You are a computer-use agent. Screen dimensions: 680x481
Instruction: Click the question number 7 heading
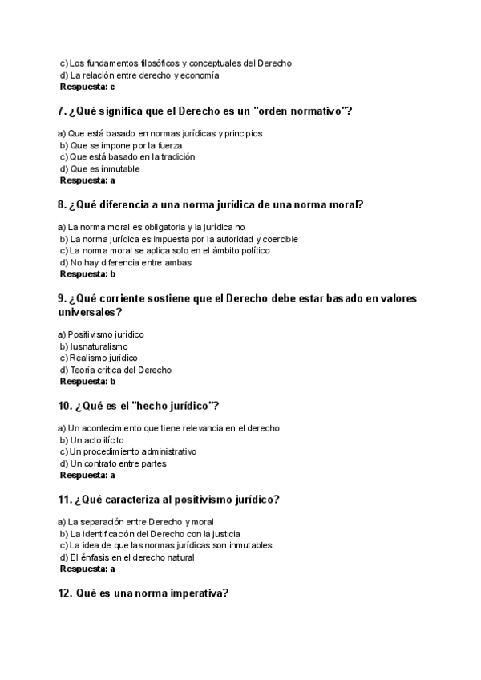pyautogui.click(x=63, y=111)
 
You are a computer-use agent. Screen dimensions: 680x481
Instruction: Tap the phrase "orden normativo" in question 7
pyautogui.click(x=301, y=111)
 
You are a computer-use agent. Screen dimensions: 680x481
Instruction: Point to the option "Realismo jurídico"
pyautogui.click(x=103, y=358)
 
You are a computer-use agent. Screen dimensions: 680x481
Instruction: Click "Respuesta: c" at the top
pyautogui.click(x=87, y=87)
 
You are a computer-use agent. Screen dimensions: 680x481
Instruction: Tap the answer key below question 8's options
pyautogui.click(x=88, y=274)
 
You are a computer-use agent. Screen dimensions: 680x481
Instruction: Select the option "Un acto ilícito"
pyautogui.click(x=97, y=440)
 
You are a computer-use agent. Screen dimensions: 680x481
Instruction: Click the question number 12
pyautogui.click(x=66, y=593)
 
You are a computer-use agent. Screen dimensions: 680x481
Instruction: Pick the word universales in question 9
pyautogui.click(x=87, y=312)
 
